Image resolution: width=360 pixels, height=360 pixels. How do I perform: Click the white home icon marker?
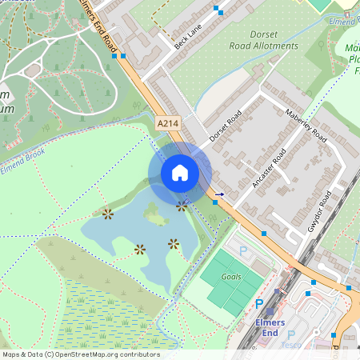tap(180, 173)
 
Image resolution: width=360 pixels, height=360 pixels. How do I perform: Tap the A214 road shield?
tap(168, 123)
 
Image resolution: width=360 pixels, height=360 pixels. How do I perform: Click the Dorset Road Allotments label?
tap(263, 40)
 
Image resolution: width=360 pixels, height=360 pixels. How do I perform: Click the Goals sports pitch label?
tap(232, 276)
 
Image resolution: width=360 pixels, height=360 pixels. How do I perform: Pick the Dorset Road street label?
tap(226, 126)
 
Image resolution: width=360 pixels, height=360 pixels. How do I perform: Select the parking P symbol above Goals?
tap(243, 251)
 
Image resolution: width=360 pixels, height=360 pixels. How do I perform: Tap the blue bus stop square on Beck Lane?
tap(217, 10)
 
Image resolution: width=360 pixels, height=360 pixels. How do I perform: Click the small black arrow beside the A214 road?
tap(219, 194)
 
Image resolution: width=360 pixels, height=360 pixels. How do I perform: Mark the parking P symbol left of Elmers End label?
tap(258, 304)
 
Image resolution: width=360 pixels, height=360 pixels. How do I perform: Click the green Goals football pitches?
tap(232, 284)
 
